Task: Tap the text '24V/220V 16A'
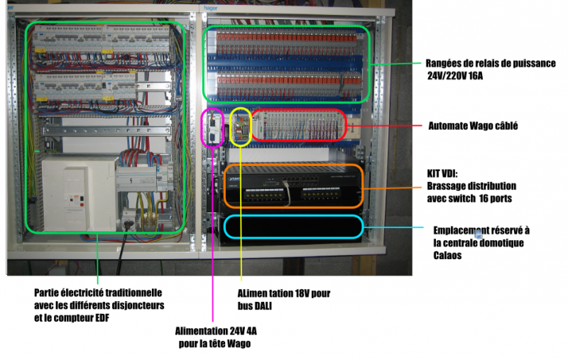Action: point(460,75)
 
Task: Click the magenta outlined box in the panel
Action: point(214,128)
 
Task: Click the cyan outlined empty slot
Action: point(293,226)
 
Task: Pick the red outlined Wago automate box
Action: point(299,124)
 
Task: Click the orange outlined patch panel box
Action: point(293,187)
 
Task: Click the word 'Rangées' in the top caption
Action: point(447,62)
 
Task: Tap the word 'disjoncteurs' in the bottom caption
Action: point(138,305)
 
